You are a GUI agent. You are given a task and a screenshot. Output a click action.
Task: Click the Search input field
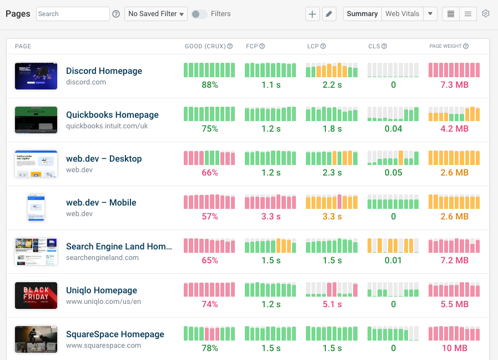[x=73, y=14]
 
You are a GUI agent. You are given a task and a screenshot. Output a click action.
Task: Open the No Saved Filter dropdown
[x=155, y=14]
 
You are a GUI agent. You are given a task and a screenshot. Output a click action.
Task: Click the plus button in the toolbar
[x=313, y=14]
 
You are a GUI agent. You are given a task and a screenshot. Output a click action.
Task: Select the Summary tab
[x=362, y=14]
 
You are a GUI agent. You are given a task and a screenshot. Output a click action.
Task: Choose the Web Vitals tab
[x=402, y=14]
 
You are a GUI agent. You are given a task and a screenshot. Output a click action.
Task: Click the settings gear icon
[x=486, y=14]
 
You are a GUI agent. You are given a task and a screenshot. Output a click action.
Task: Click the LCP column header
[x=313, y=46]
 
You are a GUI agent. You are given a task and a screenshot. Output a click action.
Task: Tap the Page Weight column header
[x=446, y=46]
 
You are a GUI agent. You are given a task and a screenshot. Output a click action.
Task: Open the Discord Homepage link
[x=104, y=71]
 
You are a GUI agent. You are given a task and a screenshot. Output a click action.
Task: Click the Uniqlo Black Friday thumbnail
[x=36, y=295]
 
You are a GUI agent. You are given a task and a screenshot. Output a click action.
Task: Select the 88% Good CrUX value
[x=209, y=85]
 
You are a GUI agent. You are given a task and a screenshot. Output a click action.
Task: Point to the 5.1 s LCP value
[x=332, y=304]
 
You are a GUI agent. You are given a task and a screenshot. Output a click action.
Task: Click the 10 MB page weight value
[x=454, y=348]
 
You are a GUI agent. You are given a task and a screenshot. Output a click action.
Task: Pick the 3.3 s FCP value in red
[x=271, y=217]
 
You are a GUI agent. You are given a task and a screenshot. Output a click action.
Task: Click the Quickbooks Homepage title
[x=112, y=115]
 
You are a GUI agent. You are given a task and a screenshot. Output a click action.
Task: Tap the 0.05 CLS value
[x=393, y=173]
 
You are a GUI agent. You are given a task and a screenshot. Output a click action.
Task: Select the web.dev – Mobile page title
[x=101, y=203]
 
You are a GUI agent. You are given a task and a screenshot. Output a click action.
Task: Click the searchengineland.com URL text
[x=102, y=258]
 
